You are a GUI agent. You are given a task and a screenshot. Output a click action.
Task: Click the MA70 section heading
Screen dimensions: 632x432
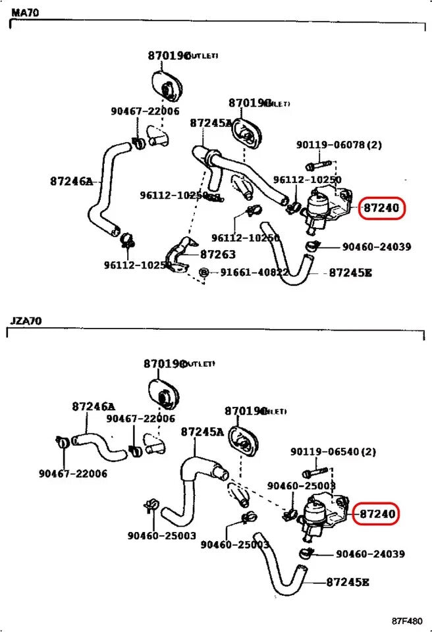(x=25, y=13)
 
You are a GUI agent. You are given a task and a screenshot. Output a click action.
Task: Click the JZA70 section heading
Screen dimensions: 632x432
(x=26, y=321)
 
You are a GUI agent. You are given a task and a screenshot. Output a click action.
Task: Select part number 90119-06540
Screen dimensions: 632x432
(x=333, y=452)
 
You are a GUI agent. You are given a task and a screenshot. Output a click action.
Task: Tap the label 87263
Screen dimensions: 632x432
(x=218, y=254)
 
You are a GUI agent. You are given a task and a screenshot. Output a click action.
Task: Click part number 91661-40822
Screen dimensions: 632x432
(x=254, y=273)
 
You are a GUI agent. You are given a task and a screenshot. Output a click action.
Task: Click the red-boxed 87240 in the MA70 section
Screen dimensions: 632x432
(x=380, y=209)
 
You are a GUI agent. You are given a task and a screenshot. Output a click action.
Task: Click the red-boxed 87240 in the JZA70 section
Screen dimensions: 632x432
(x=376, y=514)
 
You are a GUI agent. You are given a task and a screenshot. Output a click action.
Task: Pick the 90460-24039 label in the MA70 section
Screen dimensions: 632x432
(x=377, y=247)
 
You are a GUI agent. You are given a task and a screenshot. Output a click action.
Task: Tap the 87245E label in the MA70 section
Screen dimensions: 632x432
(x=350, y=273)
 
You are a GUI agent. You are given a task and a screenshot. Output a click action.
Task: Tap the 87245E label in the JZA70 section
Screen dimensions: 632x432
(x=347, y=582)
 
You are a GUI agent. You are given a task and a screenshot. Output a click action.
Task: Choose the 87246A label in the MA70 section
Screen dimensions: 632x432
(x=71, y=181)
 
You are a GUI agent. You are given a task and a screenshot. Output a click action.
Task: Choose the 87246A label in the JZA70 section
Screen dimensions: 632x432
(x=94, y=407)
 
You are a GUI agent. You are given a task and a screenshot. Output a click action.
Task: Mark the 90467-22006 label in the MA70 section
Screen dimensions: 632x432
(x=145, y=111)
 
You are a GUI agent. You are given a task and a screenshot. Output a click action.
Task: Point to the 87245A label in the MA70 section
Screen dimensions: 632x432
(x=211, y=123)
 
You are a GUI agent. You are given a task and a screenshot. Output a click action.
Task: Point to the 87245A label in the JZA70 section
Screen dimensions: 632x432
(x=202, y=432)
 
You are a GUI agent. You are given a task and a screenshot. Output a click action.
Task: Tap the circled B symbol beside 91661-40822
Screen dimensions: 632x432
(x=204, y=273)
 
